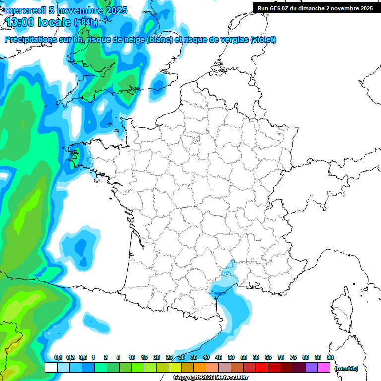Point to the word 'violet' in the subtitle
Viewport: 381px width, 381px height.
(x=262, y=40)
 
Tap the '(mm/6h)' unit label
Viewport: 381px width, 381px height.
(x=346, y=368)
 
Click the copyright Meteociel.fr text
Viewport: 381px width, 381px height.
(x=210, y=378)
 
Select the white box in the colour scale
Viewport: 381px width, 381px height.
(x=51, y=367)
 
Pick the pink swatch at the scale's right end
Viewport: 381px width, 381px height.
(x=324, y=367)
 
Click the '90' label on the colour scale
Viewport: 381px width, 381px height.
(x=330, y=358)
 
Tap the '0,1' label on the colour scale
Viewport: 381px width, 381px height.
(x=58, y=358)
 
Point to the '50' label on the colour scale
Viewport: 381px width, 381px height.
(x=231, y=358)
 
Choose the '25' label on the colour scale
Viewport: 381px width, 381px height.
(x=169, y=358)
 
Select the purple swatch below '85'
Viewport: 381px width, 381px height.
(x=312, y=367)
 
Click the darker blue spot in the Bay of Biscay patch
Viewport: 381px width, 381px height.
(x=81, y=245)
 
